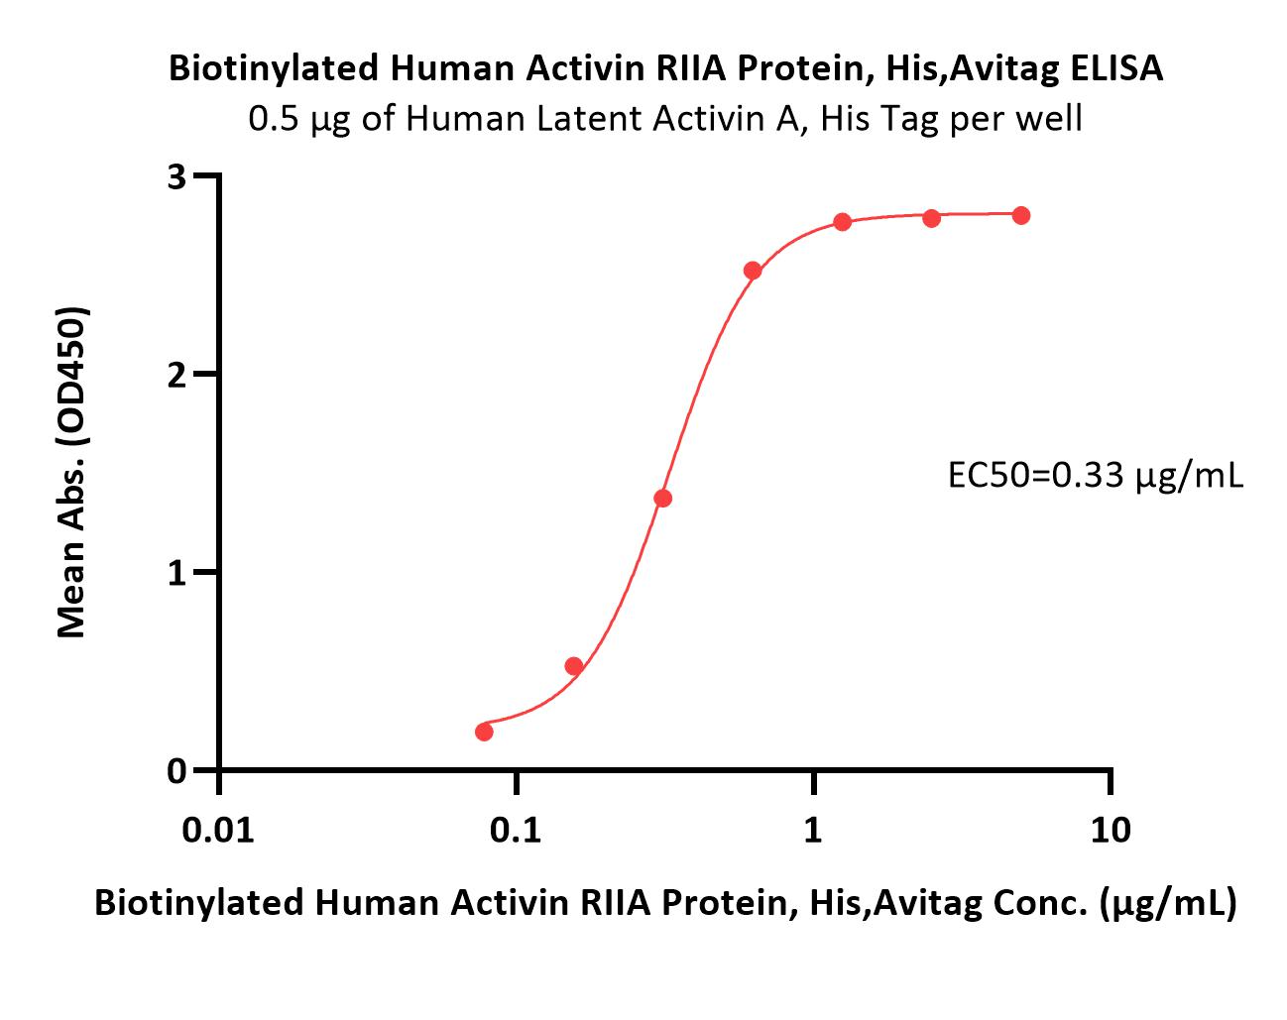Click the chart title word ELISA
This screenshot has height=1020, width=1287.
pyautogui.click(x=1115, y=68)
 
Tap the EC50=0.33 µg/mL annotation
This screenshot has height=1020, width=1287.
pyautogui.click(x=1096, y=477)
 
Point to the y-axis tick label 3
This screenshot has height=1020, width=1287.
pyautogui.click(x=176, y=176)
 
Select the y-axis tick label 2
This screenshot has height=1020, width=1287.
pyautogui.click(x=176, y=375)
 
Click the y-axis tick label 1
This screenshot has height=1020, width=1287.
pyautogui.click(x=176, y=573)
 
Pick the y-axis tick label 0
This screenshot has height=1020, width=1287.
pyautogui.click(x=176, y=771)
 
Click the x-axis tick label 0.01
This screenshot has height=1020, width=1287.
pyautogui.click(x=218, y=831)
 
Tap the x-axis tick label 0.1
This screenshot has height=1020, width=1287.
pyautogui.click(x=516, y=831)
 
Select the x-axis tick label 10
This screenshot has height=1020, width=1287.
pyautogui.click(x=1111, y=831)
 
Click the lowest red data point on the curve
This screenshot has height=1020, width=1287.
pyautogui.click(x=484, y=732)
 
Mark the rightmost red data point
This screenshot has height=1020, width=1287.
pyautogui.click(x=1021, y=215)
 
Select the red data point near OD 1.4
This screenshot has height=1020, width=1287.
pyautogui.click(x=662, y=498)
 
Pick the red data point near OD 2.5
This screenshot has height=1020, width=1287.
pyautogui.click(x=753, y=271)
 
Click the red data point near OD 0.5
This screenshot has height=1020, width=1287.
pyautogui.click(x=573, y=665)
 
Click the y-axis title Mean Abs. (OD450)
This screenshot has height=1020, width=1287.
pyautogui.click(x=71, y=473)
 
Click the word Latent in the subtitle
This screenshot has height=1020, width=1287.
pyautogui.click(x=589, y=118)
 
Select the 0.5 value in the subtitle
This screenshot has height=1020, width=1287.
pyautogui.click(x=273, y=118)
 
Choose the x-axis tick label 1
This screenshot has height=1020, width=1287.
pyautogui.click(x=812, y=831)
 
